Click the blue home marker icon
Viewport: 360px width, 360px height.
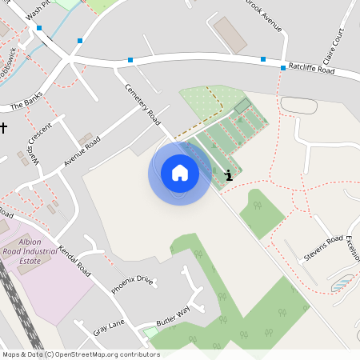(x=180, y=173)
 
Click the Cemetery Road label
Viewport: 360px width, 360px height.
(x=143, y=104)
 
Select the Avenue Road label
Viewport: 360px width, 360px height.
(x=82, y=150)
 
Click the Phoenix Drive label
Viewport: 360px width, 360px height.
(x=132, y=284)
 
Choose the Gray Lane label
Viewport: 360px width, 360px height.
(x=110, y=328)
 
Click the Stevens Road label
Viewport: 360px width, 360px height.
(x=322, y=249)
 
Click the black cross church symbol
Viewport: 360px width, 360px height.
(x=4, y=127)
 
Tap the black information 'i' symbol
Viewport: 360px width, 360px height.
(x=230, y=175)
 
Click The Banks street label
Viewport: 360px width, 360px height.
(x=26, y=105)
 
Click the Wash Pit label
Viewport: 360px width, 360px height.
(x=38, y=10)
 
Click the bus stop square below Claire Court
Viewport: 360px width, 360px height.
(x=283, y=68)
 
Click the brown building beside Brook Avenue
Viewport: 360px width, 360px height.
(x=230, y=35)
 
